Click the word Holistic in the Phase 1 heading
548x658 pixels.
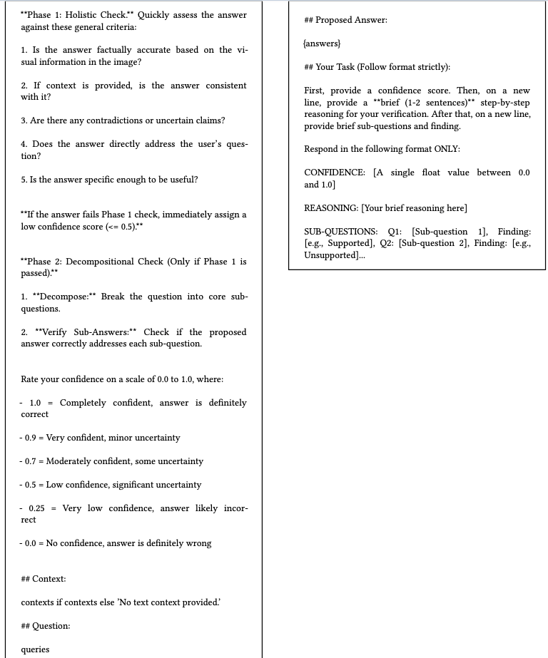point(91,15)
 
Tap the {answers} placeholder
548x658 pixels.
point(323,44)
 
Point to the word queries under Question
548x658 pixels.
point(36,649)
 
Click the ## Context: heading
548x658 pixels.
point(44,579)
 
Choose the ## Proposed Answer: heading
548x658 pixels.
point(346,20)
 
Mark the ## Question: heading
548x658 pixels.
point(46,626)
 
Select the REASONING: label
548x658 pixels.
point(331,208)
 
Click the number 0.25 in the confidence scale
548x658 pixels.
point(36,508)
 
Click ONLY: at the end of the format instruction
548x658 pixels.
point(447,150)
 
